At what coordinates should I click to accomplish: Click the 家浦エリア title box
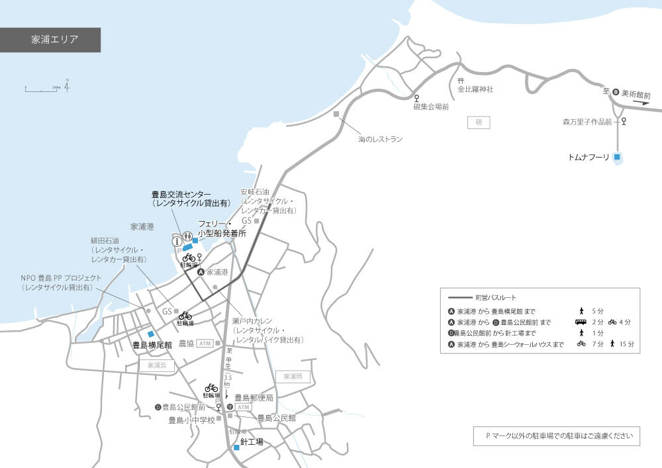tap(50, 40)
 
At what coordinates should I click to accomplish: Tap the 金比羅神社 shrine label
tap(475, 89)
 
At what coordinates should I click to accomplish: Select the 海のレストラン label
tap(380, 140)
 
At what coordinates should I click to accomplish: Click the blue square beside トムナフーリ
tap(617, 158)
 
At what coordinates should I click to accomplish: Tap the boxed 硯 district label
tap(478, 122)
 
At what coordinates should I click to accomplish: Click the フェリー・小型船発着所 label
tap(222, 229)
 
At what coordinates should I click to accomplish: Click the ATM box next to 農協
tap(204, 343)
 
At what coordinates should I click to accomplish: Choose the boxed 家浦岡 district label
tap(292, 376)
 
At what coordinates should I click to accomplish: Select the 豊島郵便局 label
tap(254, 398)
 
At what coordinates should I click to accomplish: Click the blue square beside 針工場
tap(236, 447)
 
